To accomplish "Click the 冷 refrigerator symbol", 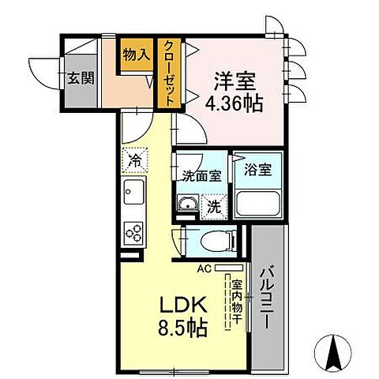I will (x=135, y=159).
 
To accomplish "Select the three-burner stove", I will (x=133, y=231).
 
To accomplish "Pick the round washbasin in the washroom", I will (x=187, y=208).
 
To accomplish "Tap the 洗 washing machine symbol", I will (x=213, y=208).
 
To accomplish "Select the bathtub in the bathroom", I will (x=259, y=202).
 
